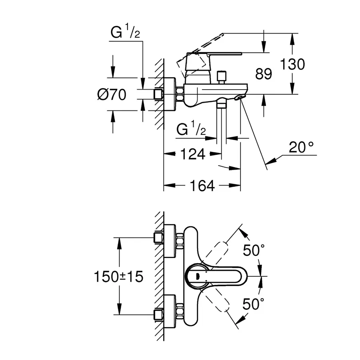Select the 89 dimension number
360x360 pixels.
coord(263,74)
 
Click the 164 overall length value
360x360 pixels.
coord(202,186)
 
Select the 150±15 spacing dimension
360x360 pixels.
coord(118,276)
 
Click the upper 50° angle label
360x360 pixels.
coord(254,251)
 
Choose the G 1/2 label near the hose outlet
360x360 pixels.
coord(191,130)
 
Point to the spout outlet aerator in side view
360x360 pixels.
coord(240,97)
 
